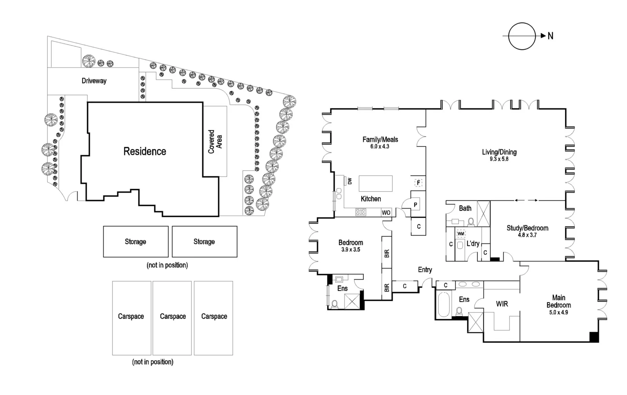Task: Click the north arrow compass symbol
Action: coord(522,36)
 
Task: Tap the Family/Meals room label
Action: coord(380,139)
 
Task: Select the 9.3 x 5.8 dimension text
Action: coord(499,159)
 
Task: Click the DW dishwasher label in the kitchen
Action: coord(350,181)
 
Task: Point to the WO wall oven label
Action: coord(386,213)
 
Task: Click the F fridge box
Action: coord(418,183)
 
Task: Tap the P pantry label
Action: coord(415,204)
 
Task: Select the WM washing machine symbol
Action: coord(461,234)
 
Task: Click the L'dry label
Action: coord(473,243)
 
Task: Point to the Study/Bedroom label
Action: coord(527,228)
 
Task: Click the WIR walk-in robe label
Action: coord(502,304)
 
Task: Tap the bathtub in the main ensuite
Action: coord(443,304)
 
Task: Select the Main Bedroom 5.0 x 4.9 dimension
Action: coord(558,312)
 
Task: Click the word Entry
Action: coord(425,270)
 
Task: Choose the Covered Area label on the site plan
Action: coord(215,142)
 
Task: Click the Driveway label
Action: coord(94,81)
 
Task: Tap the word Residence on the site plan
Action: coord(145,152)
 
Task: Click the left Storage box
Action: coord(136,242)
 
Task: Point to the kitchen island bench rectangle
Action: coord(375,183)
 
